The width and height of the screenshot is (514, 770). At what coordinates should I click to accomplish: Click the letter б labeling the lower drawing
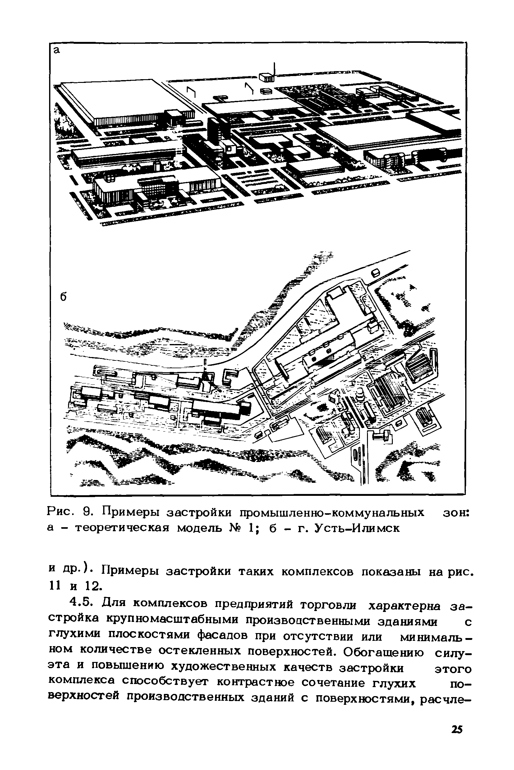coord(63,297)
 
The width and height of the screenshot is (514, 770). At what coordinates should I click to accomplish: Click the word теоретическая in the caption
coord(122,529)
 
